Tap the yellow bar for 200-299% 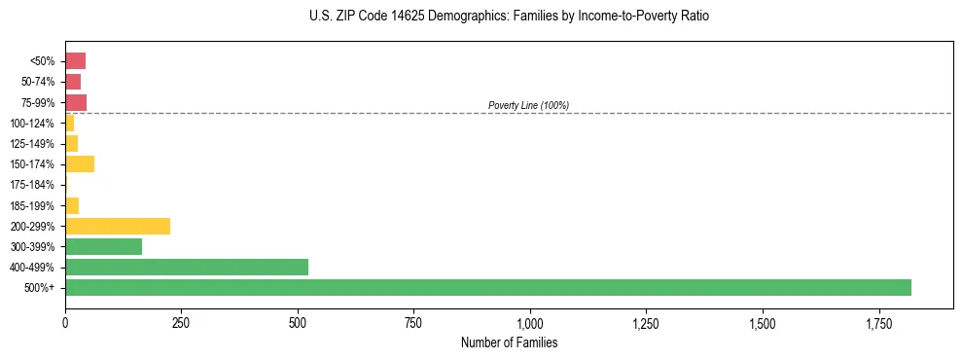click(x=118, y=226)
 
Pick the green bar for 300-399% click(x=103, y=246)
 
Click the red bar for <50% click(x=75, y=60)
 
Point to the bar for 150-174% click(x=80, y=163)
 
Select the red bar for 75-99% click(x=76, y=102)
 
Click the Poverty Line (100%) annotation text click(x=528, y=105)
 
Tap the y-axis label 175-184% click(x=32, y=185)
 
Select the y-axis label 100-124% click(x=32, y=124)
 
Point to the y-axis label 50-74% click(x=38, y=82)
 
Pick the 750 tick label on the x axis click(x=413, y=322)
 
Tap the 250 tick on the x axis click(x=181, y=322)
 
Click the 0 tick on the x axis click(x=65, y=322)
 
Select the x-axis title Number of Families click(x=509, y=342)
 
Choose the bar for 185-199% click(x=72, y=205)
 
